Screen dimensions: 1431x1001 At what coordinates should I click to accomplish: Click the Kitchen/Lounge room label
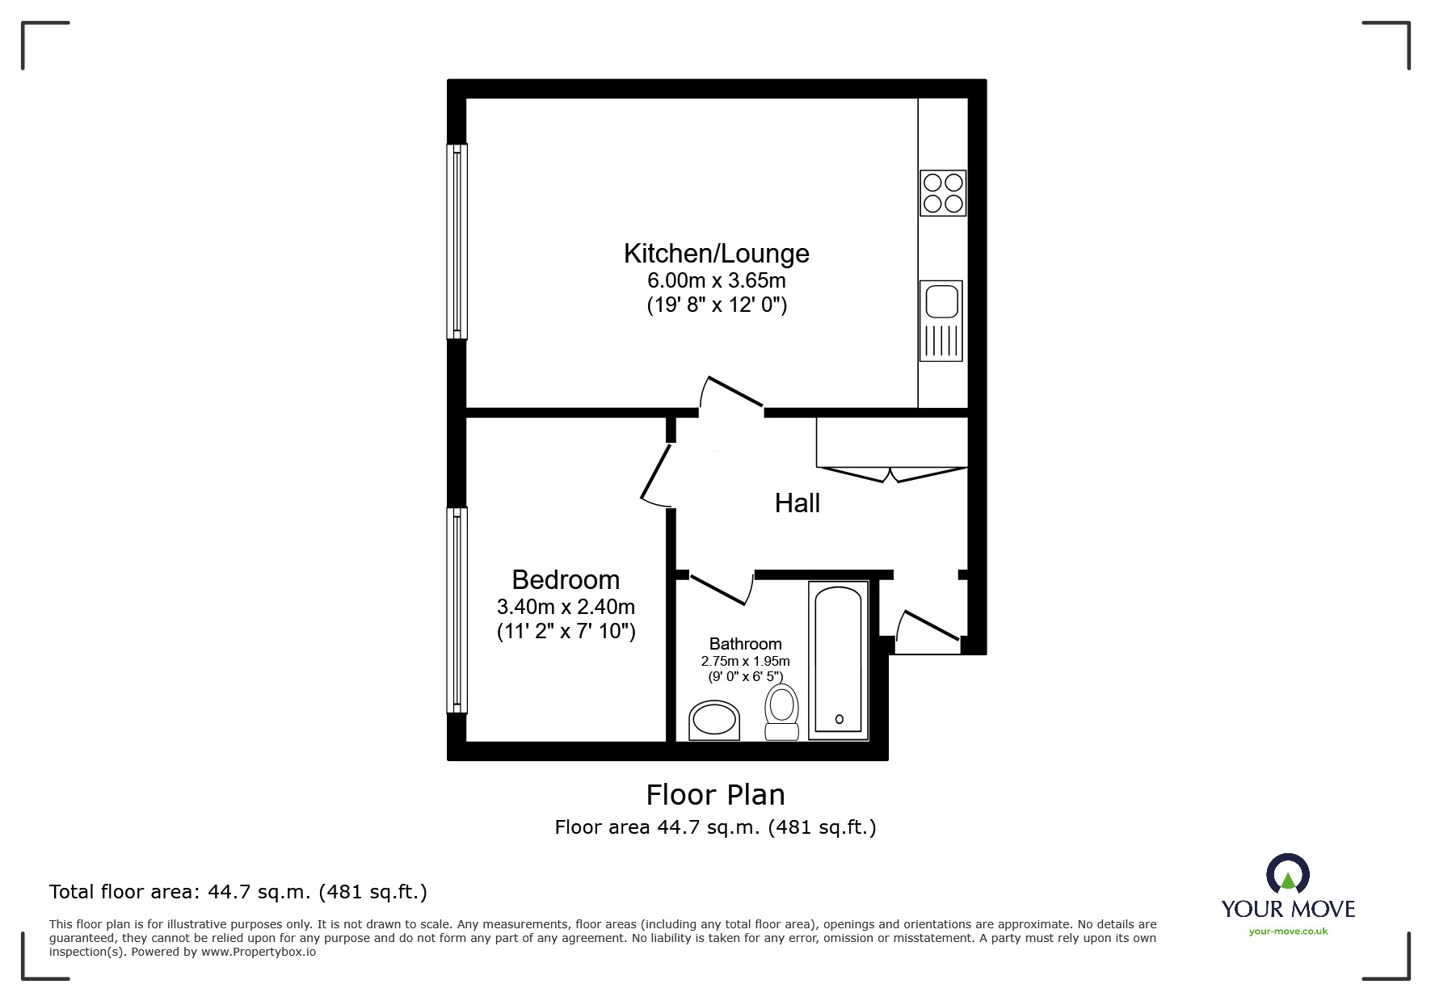pyautogui.click(x=716, y=254)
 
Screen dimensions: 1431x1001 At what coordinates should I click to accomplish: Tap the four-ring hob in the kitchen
pyautogui.click(x=943, y=193)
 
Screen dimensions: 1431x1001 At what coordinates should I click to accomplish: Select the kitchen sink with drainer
pyautogui.click(x=941, y=321)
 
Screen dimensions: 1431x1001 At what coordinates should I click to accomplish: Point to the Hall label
pyautogui.click(x=798, y=503)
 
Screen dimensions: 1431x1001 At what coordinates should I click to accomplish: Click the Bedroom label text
pyautogui.click(x=566, y=579)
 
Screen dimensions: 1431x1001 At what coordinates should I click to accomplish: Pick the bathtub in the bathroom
pyautogui.click(x=839, y=660)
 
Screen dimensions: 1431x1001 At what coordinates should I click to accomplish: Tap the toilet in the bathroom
pyautogui.click(x=781, y=712)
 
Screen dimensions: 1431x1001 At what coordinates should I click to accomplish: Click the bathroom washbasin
pyautogui.click(x=714, y=721)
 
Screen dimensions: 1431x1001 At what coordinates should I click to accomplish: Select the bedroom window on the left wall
pyautogui.click(x=457, y=610)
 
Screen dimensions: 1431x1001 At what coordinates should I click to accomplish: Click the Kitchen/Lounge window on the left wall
pyautogui.click(x=457, y=241)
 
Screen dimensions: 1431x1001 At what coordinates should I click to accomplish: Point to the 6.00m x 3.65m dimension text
pyautogui.click(x=717, y=280)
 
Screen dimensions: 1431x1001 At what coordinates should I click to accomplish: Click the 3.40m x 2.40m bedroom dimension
pyautogui.click(x=566, y=607)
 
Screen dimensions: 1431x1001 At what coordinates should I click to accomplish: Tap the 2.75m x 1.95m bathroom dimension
pyautogui.click(x=745, y=661)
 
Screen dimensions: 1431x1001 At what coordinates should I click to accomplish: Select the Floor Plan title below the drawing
pyautogui.click(x=716, y=795)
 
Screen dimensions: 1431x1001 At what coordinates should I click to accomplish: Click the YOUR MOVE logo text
pyautogui.click(x=1288, y=909)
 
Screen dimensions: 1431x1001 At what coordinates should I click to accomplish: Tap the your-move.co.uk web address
pyautogui.click(x=1288, y=932)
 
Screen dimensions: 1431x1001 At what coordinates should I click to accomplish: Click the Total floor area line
pyautogui.click(x=238, y=892)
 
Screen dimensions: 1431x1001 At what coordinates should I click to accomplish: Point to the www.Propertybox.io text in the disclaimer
pyautogui.click(x=259, y=952)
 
